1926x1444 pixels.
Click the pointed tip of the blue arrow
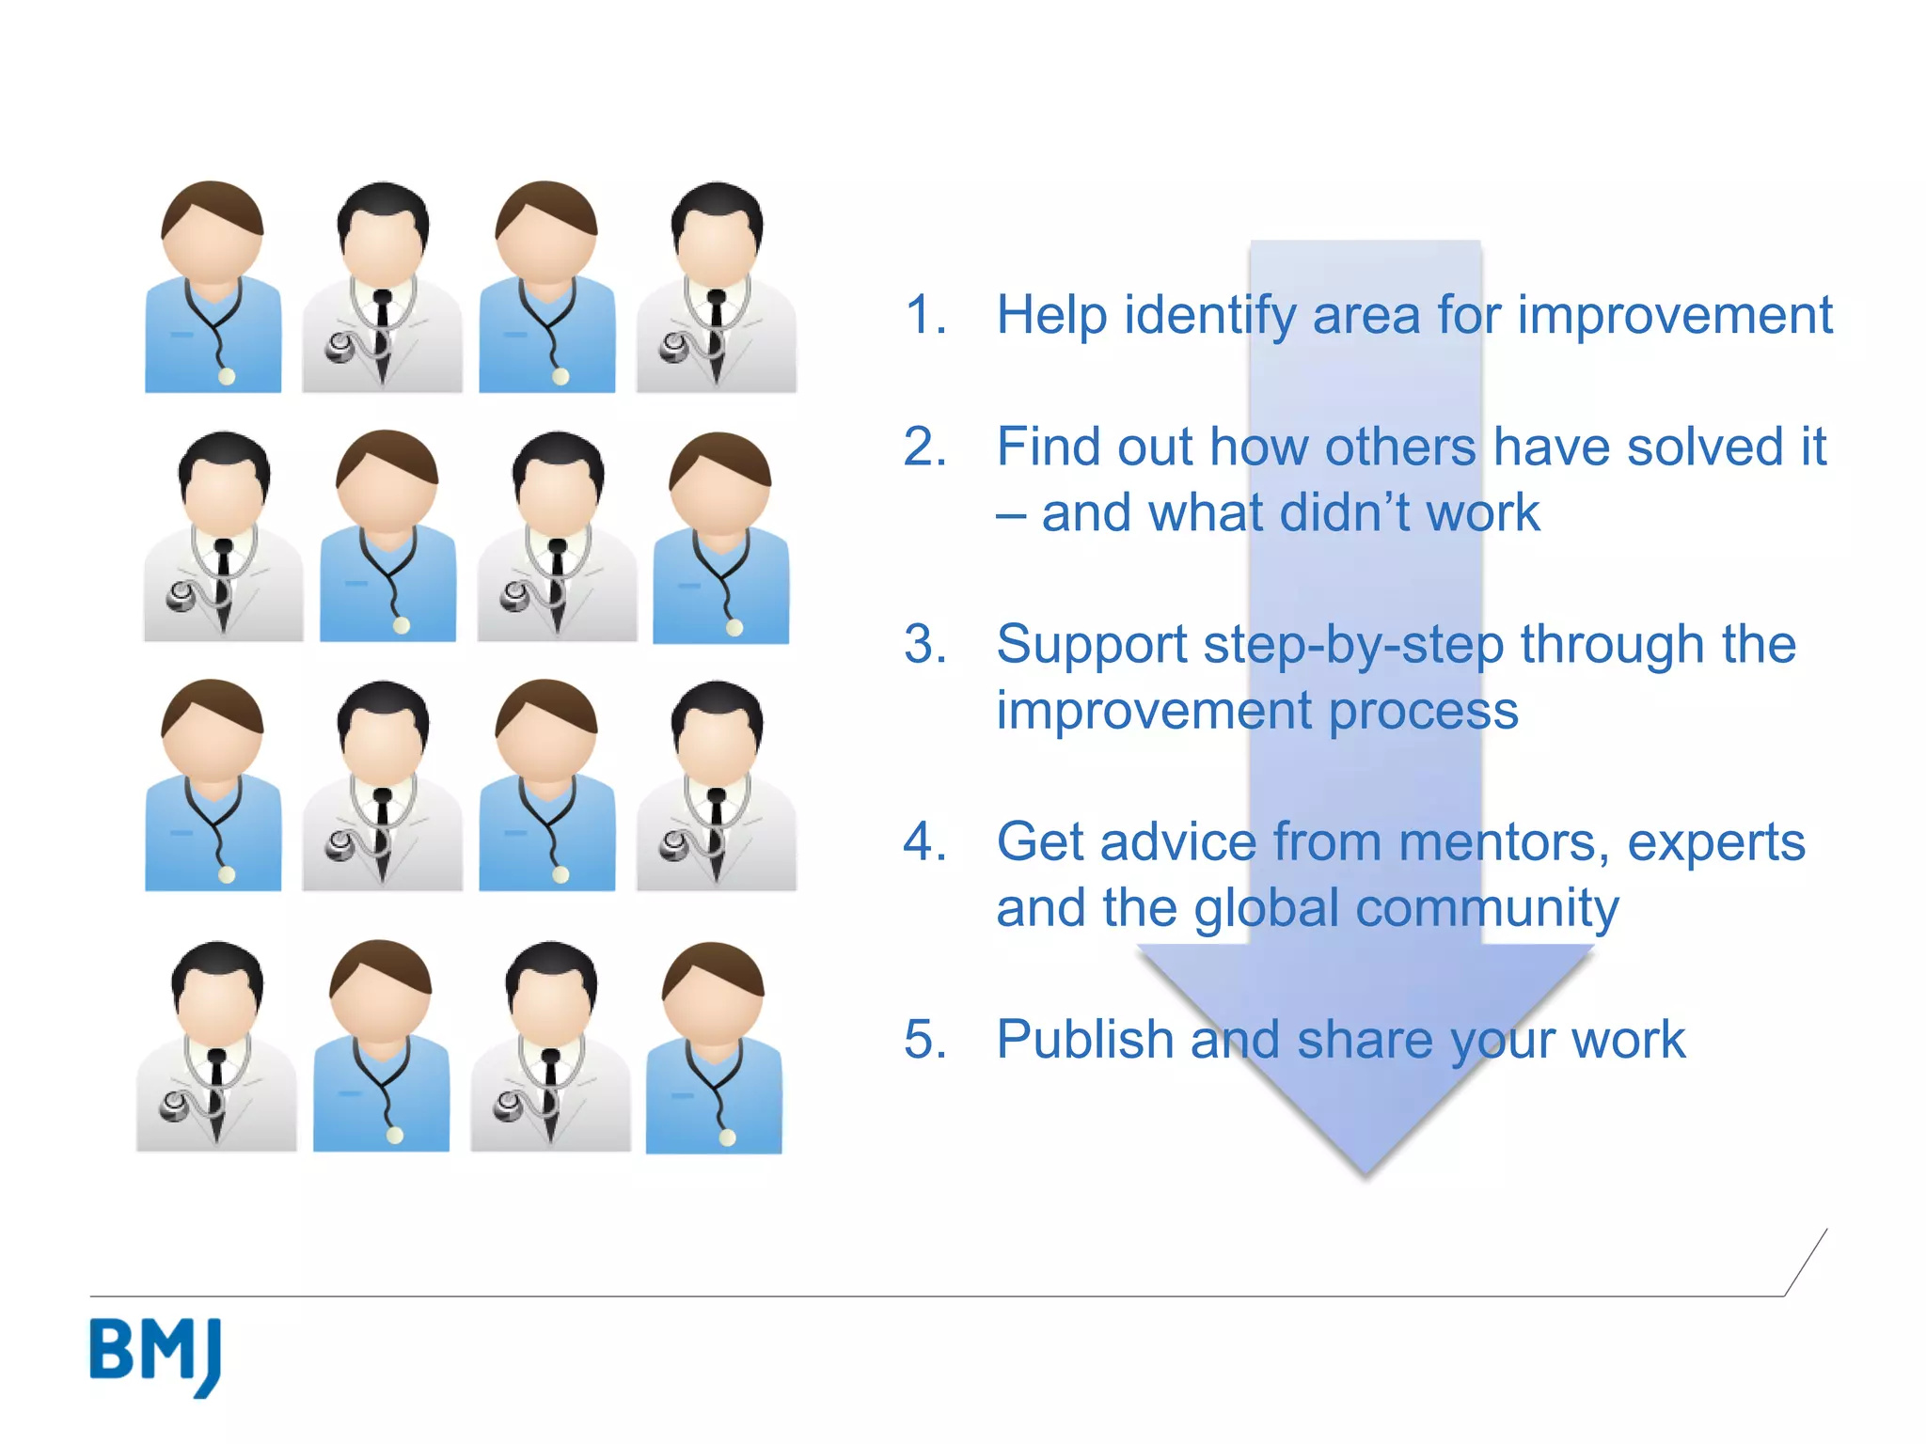click(x=1366, y=1170)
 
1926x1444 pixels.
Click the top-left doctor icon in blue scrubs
click(x=213, y=287)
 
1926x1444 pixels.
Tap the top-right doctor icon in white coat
click(x=717, y=287)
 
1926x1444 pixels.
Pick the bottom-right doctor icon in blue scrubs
click(x=714, y=1048)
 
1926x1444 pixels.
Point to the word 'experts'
click(x=1716, y=842)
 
